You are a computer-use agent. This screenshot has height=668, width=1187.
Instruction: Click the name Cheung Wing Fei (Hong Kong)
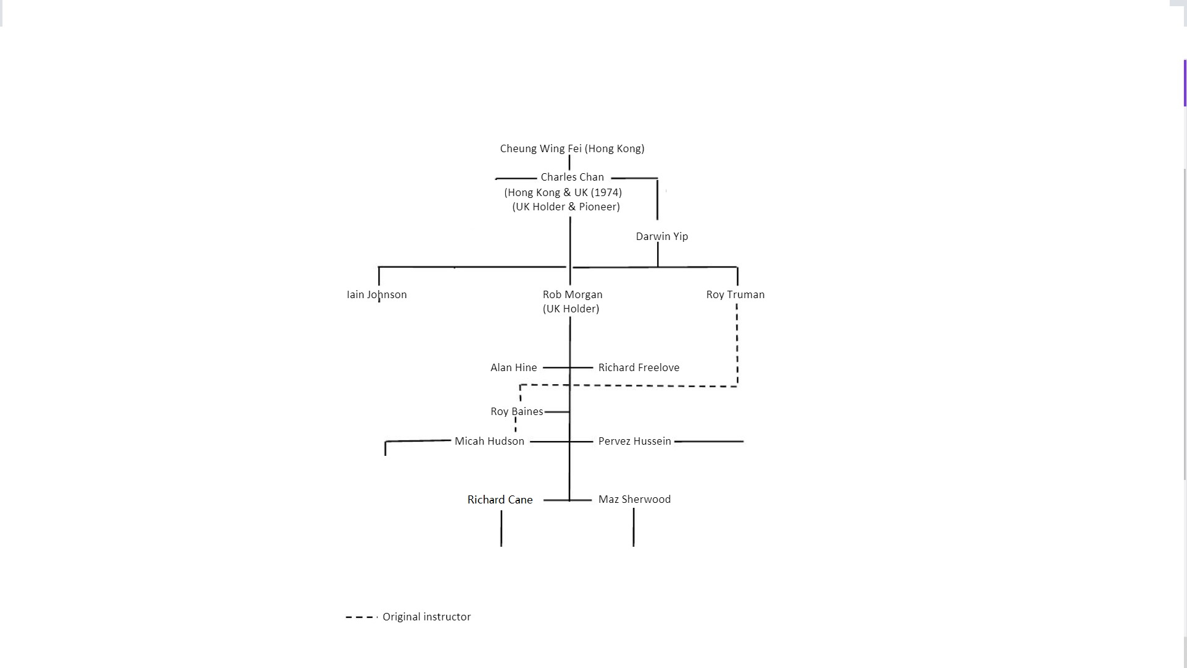tap(572, 148)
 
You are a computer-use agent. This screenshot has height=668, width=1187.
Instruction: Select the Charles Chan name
tap(572, 177)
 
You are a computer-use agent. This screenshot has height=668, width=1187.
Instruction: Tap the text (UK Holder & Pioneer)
tap(566, 207)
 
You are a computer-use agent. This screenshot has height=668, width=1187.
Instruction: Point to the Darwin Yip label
tap(662, 236)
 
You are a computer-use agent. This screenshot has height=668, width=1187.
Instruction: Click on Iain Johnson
tap(377, 294)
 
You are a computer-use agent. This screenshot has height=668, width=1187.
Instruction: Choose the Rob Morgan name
tap(572, 294)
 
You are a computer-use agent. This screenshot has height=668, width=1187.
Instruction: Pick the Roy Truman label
tap(735, 294)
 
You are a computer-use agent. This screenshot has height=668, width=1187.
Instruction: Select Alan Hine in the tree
tap(514, 367)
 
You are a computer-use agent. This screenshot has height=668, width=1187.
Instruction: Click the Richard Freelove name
tap(639, 367)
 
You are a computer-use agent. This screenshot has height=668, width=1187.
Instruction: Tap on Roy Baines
tap(517, 411)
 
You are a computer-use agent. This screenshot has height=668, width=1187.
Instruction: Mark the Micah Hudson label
tap(489, 441)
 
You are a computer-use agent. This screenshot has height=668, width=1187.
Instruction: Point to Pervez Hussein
tap(634, 441)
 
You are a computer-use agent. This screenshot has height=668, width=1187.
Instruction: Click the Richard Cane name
tap(500, 500)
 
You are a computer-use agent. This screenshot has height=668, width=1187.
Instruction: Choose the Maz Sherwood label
tap(634, 499)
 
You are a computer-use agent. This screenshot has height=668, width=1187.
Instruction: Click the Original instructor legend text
tap(427, 617)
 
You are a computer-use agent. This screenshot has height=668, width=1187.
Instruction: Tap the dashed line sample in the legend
tap(362, 617)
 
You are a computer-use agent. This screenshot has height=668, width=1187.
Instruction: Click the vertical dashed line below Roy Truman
tap(737, 345)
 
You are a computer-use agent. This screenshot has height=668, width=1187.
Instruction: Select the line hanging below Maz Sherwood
tap(634, 528)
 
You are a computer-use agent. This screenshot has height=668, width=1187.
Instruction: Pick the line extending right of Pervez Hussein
tap(709, 442)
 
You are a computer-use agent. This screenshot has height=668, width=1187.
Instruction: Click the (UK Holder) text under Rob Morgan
tap(571, 309)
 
